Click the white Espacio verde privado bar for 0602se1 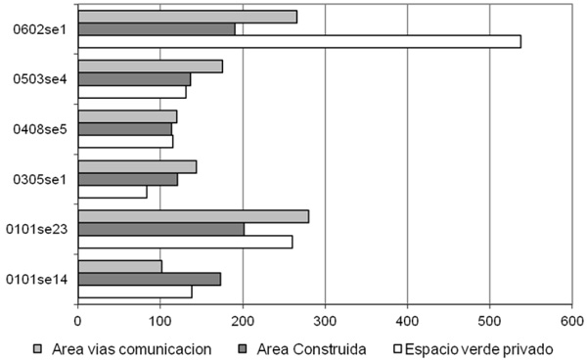[298, 41]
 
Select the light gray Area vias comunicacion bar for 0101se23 [193, 216]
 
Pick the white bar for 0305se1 [112, 192]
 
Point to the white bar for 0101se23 [185, 242]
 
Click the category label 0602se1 [39, 29]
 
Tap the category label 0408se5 [39, 129]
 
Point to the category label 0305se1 [39, 179]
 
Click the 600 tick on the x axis [572, 319]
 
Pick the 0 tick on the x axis [77, 319]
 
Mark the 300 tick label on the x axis [325, 319]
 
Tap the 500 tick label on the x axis [490, 319]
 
